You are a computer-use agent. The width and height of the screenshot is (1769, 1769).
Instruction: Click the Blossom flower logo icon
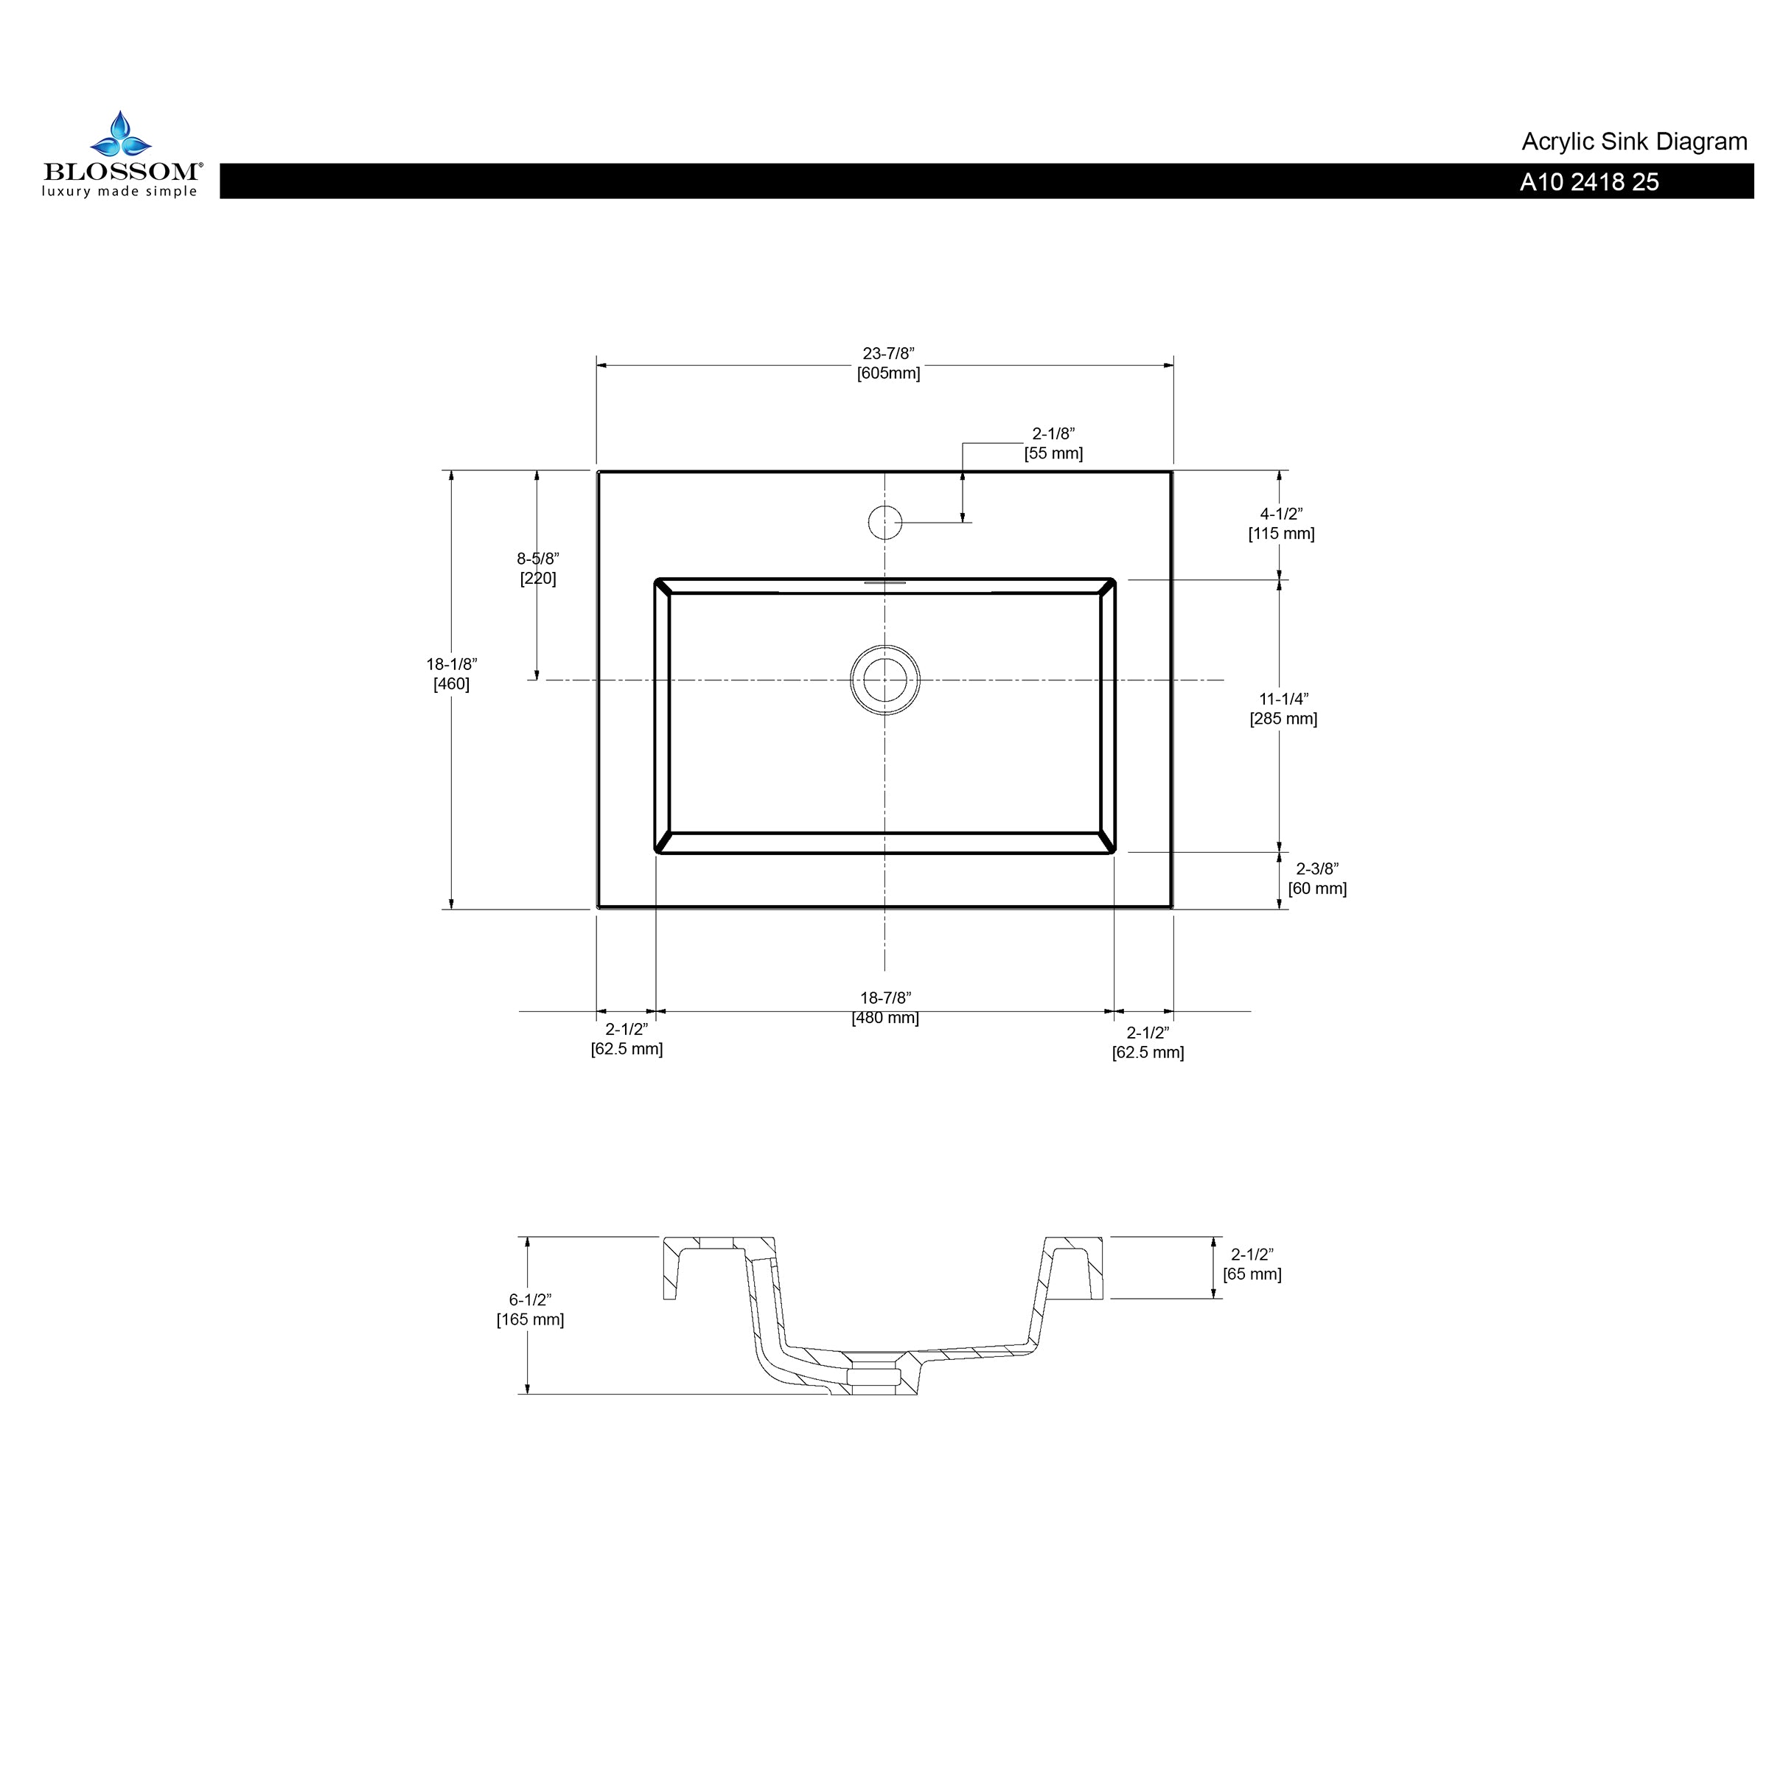point(120,135)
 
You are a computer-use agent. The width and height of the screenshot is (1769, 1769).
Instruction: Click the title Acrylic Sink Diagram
point(1634,142)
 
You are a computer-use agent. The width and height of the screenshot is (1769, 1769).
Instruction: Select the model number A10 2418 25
point(1590,182)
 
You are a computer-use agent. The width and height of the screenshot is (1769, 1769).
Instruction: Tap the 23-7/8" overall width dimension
point(888,363)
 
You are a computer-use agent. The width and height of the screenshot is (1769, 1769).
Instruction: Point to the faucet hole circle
point(885,522)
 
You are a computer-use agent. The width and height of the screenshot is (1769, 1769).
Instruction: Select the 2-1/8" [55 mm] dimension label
point(1053,443)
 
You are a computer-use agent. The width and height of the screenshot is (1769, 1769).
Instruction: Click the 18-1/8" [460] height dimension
point(451,674)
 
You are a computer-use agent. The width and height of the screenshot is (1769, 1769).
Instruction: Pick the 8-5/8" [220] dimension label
point(537,568)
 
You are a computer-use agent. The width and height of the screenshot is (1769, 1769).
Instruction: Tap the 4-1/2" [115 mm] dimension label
point(1281,524)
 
